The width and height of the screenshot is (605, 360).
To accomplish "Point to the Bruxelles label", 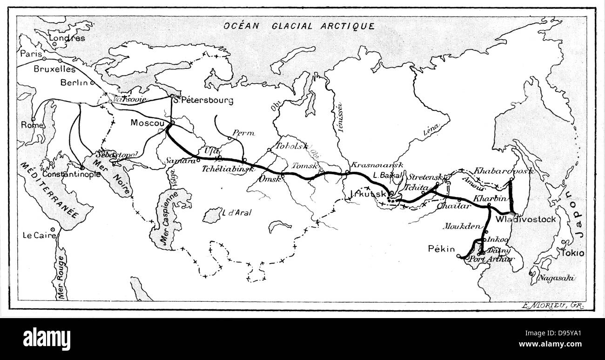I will (x=54, y=69).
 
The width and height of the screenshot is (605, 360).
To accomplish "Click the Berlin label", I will (x=74, y=83).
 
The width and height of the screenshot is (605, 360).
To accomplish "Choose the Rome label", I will (x=32, y=125).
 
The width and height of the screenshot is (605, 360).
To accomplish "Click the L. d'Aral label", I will (x=237, y=212).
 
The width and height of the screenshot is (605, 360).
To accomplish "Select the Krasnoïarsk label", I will (x=377, y=165).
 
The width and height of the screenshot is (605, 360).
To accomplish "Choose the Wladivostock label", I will (x=525, y=219).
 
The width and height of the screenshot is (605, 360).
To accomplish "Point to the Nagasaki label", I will (x=557, y=278).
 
